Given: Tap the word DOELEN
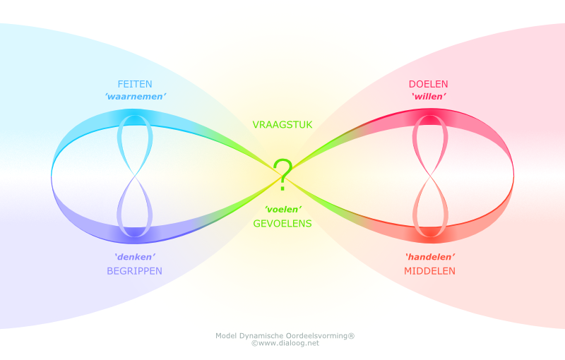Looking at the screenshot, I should click(x=428, y=83).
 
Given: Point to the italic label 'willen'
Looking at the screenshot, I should click(x=428, y=96).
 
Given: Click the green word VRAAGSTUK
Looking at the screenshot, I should click(x=282, y=125).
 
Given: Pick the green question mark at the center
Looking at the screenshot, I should click(x=282, y=174).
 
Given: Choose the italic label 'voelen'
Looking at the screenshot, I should click(x=282, y=210).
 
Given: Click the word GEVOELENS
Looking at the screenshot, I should click(x=282, y=224).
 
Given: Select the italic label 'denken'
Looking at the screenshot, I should click(x=134, y=257).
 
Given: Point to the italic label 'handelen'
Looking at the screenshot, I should click(x=429, y=257).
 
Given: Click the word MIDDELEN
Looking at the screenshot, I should click(x=429, y=270).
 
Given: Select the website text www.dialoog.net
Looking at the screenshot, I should click(x=289, y=344).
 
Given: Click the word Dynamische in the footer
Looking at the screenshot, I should click(x=264, y=336).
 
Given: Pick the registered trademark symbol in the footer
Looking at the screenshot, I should click(x=351, y=335).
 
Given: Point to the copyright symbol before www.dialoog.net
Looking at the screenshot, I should click(x=254, y=344).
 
